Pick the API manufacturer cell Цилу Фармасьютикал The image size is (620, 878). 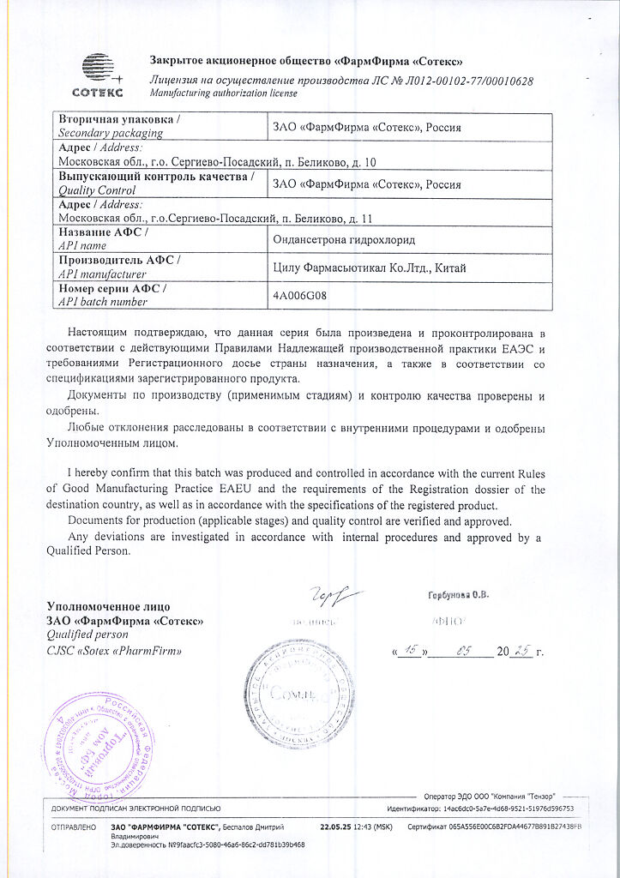(370, 268)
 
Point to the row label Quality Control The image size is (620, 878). (94, 190)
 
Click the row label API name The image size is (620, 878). (81, 245)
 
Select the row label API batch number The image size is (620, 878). (102, 302)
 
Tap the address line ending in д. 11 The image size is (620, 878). (214, 217)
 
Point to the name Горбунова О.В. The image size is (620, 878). (459, 597)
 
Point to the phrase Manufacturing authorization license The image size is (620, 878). (223, 93)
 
